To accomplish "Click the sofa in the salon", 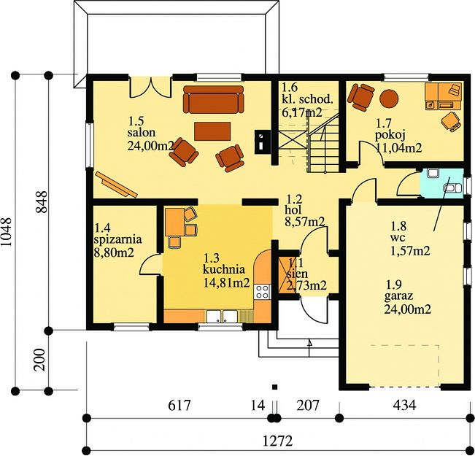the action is coord(213,99).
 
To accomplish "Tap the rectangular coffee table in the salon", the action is coord(212,131).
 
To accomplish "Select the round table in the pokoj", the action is coord(389,98).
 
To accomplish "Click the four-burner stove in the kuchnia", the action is coord(262,292).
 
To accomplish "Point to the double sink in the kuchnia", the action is coord(222,317).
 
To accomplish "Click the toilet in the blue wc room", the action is coord(452,188).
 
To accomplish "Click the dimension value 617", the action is coord(179,405).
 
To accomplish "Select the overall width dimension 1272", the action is coord(277,441).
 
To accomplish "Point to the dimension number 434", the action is coord(404,405).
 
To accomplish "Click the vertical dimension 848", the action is coord(42,202).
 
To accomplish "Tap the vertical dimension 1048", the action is coord(7,232).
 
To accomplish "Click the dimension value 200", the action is coord(39,360).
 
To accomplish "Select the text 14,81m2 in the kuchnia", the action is coord(227,282).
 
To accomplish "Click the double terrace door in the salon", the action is coord(150,88).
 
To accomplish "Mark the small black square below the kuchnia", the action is coord(275,387).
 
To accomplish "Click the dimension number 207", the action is coord(308,405).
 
